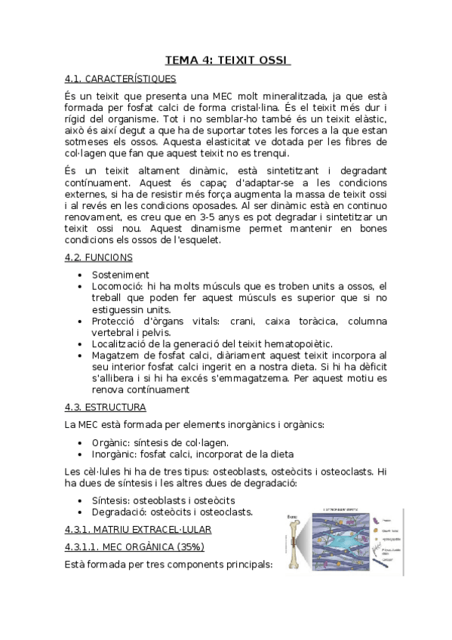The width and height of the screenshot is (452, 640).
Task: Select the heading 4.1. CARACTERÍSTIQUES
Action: click(x=121, y=78)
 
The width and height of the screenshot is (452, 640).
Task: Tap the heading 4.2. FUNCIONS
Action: click(x=100, y=257)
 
